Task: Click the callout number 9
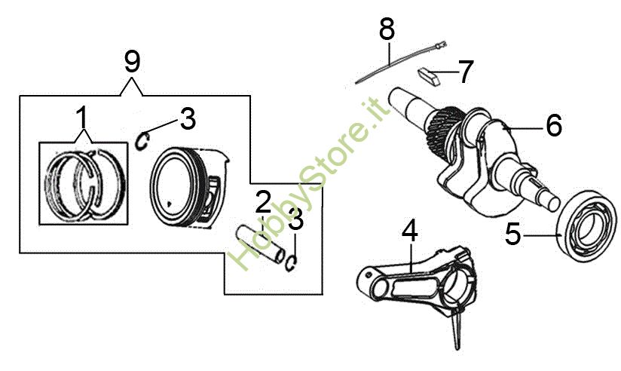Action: tap(133, 61)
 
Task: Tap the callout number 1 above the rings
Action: tap(81, 117)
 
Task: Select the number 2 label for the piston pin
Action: tap(263, 202)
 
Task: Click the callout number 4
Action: tap(409, 231)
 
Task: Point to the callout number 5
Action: tap(513, 234)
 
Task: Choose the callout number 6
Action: tap(554, 125)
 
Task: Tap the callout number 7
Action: tap(465, 72)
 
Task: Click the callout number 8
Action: tap(387, 29)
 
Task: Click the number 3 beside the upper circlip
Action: tap(188, 118)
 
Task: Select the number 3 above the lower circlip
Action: tap(295, 219)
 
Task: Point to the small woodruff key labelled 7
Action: tap(429, 76)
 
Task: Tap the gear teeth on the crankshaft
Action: tap(444, 127)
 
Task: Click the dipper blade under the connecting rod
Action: tap(456, 329)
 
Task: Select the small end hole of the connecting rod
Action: tap(369, 274)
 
